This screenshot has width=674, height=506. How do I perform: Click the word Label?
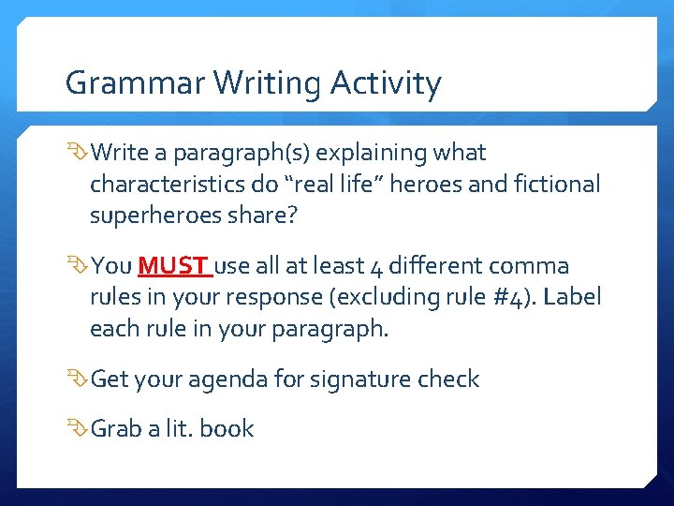(x=571, y=298)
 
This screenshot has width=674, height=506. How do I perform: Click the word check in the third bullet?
(x=448, y=379)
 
